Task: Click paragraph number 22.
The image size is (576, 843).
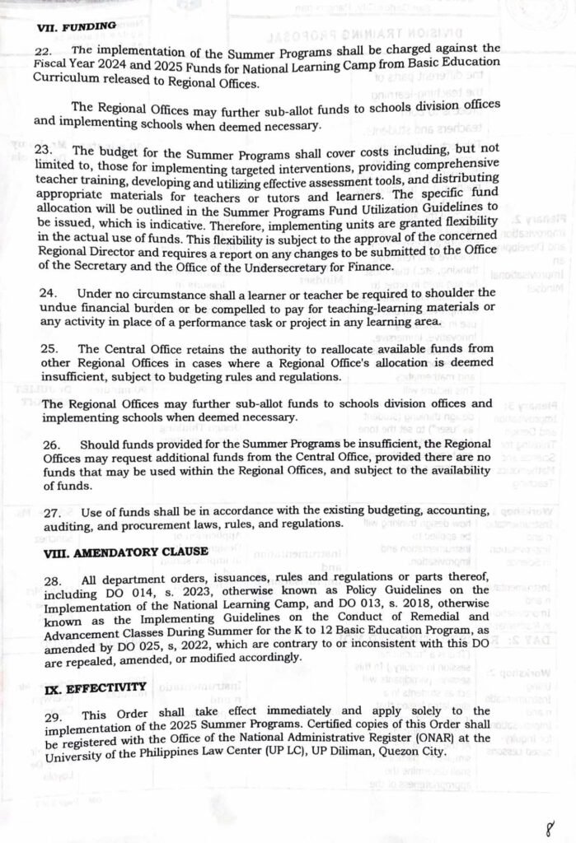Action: pos(47,50)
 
